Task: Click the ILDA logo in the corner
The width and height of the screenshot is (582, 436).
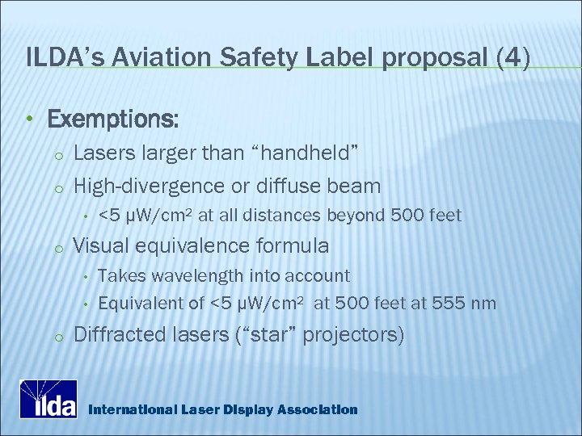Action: (49, 399)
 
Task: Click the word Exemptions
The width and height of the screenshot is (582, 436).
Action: (113, 119)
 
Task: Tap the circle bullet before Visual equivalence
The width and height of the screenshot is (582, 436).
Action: (57, 246)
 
